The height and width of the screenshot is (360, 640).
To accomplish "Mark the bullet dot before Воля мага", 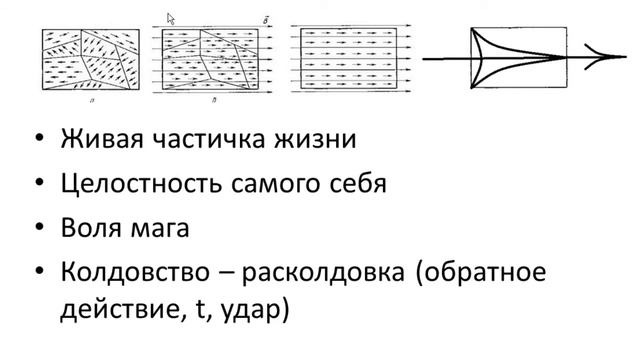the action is pyautogui.click(x=38, y=229).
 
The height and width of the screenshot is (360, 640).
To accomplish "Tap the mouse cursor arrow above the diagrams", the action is pyautogui.click(x=170, y=17).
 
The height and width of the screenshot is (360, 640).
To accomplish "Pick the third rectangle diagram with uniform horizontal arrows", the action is pyautogui.click(x=349, y=58).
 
